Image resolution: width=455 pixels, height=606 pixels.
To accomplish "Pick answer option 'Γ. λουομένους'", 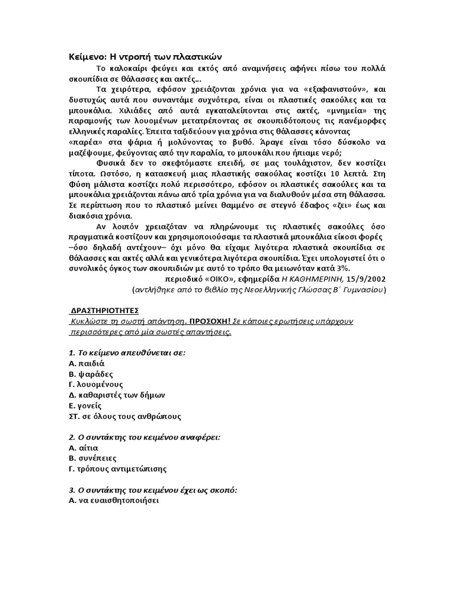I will pos(96,384).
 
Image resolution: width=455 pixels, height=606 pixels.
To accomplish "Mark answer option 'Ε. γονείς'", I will pos(85,405).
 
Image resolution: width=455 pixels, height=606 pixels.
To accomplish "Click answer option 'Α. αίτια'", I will pos(84,448).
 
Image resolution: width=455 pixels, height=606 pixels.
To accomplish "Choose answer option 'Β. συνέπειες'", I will pos(93,458).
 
